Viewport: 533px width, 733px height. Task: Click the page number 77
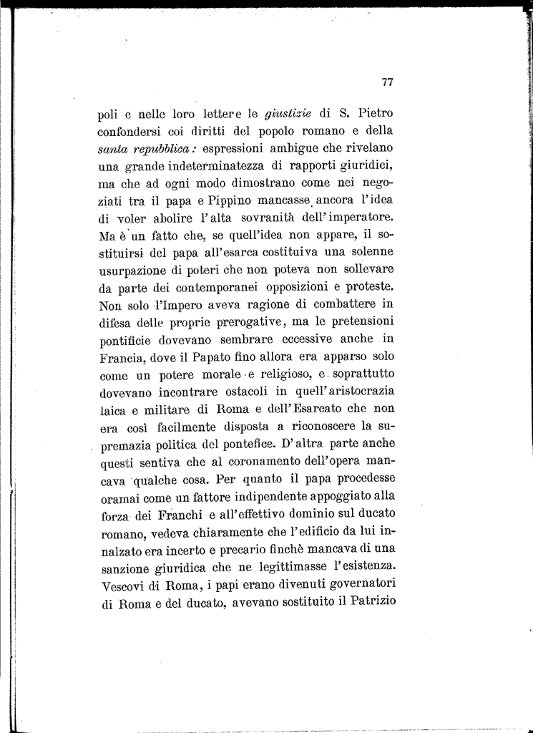coord(388,82)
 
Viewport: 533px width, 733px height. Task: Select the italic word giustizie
coord(288,113)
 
